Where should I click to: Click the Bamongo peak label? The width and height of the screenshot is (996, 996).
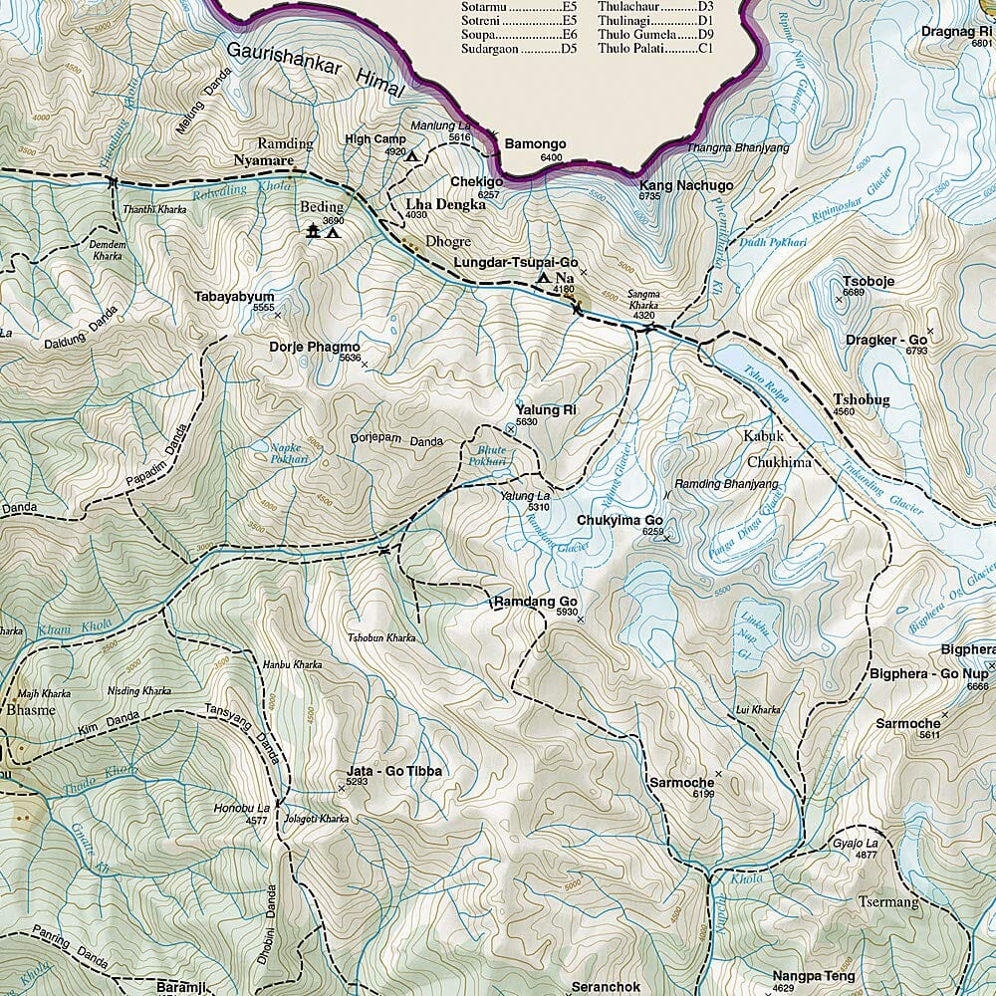click(x=535, y=144)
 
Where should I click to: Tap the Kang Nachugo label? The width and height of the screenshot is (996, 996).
click(x=685, y=185)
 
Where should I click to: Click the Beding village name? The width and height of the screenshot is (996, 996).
click(x=321, y=208)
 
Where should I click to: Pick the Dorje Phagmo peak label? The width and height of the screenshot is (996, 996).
click(x=314, y=348)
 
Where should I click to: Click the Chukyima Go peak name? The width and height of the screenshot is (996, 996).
click(x=620, y=520)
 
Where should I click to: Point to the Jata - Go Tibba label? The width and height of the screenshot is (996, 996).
click(x=392, y=771)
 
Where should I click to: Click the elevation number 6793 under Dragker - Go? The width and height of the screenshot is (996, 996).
click(x=916, y=352)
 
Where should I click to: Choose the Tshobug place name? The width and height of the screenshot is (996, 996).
click(x=862, y=400)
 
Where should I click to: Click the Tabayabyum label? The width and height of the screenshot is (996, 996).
click(x=235, y=297)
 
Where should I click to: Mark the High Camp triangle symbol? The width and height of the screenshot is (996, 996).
click(x=411, y=156)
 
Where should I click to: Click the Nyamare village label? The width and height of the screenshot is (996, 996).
click(x=262, y=159)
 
